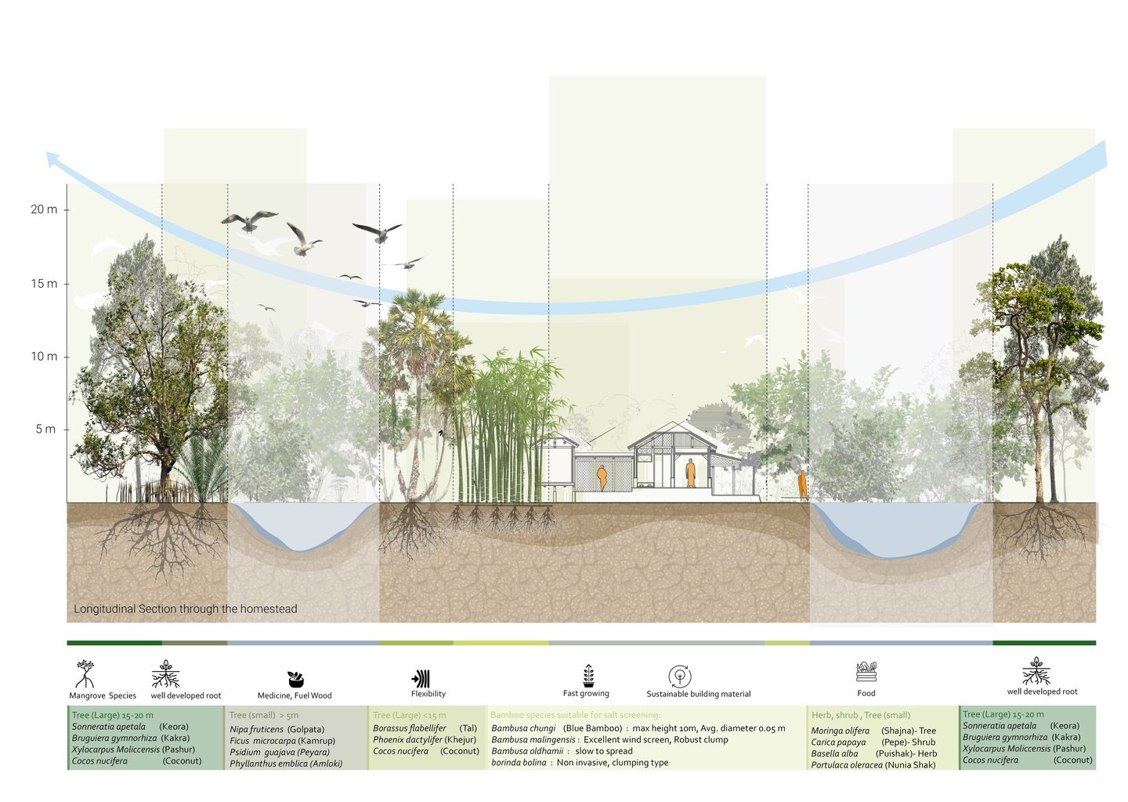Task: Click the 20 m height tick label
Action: pyautogui.click(x=44, y=209)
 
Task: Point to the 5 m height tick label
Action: pyautogui.click(x=45, y=429)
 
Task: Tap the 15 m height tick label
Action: pyautogui.click(x=44, y=284)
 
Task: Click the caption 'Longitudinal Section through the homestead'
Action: pyautogui.click(x=186, y=609)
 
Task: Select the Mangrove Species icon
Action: pyautogui.click(x=85, y=673)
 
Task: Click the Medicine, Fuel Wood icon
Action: pyautogui.click(x=295, y=679)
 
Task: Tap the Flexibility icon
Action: pyautogui.click(x=421, y=678)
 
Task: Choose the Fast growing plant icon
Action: pyautogui.click(x=587, y=676)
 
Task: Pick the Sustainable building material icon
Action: pyautogui.click(x=679, y=676)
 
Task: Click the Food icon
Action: pyautogui.click(x=866, y=672)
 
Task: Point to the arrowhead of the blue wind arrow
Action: pyautogui.click(x=52, y=159)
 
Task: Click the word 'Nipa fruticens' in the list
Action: pyautogui.click(x=256, y=729)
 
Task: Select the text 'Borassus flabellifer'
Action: pyautogui.click(x=409, y=728)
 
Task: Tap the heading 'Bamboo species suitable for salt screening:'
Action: pyautogui.click(x=575, y=715)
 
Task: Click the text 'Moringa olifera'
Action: pyautogui.click(x=840, y=731)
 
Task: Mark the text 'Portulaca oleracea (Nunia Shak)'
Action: pyautogui.click(x=873, y=765)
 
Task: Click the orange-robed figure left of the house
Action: pyautogui.click(x=602, y=477)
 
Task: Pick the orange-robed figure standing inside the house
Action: pyautogui.click(x=690, y=474)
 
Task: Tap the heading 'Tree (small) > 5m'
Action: pyautogui.click(x=264, y=715)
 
